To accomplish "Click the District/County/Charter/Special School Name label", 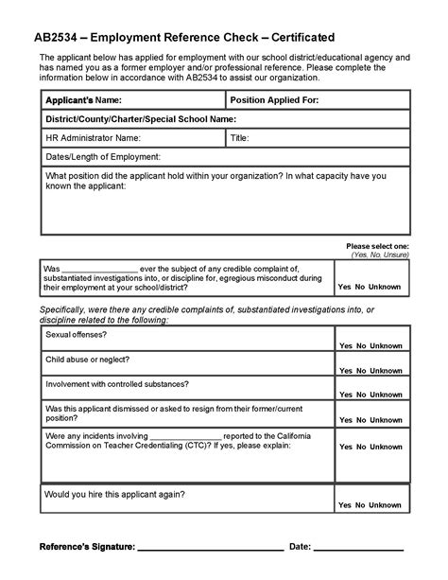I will [x=140, y=119].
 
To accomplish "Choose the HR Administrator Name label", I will [x=93, y=138].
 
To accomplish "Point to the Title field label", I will [x=240, y=138].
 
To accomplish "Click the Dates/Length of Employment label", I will [x=103, y=157].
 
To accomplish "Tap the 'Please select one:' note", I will [x=377, y=246].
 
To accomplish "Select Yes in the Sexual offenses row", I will [x=345, y=346].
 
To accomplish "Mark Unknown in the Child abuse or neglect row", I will [x=385, y=370].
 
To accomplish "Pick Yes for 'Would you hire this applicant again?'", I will [x=345, y=505].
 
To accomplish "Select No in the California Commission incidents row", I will [x=360, y=478].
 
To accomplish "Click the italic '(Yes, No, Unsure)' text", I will [x=380, y=255].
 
